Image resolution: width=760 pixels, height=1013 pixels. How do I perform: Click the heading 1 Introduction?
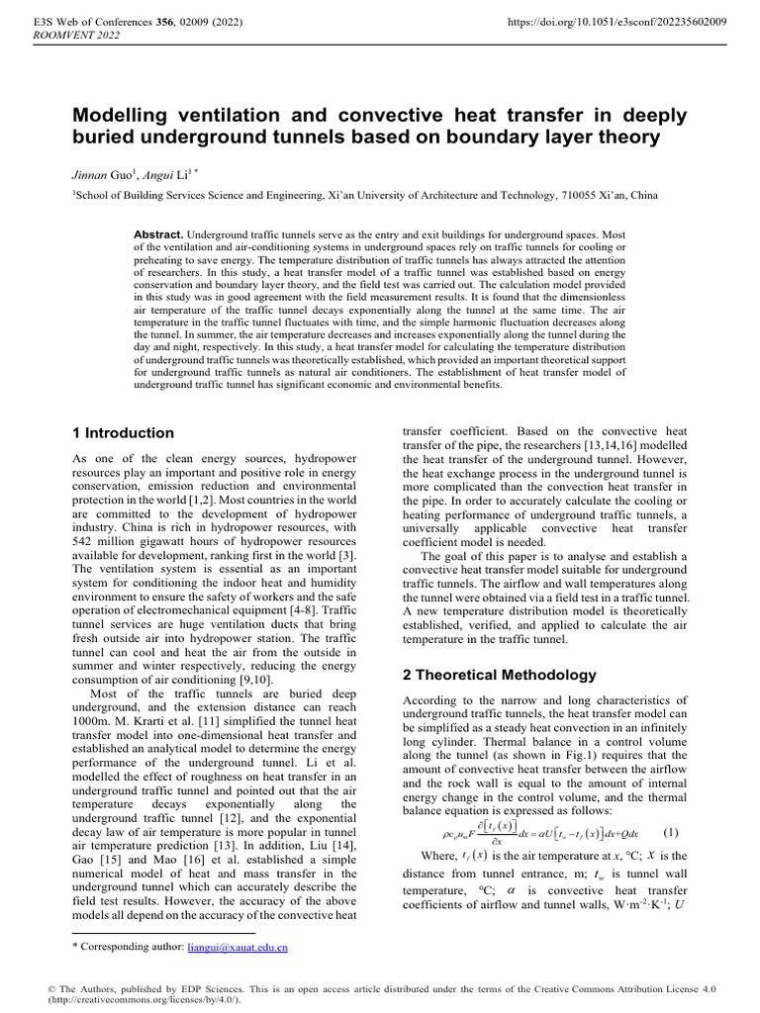click(124, 433)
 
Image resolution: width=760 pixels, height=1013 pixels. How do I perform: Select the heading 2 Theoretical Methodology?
click(500, 676)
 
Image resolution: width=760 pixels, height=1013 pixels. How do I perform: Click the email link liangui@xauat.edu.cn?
click(237, 948)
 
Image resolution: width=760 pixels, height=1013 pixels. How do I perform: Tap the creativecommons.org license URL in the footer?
click(137, 1001)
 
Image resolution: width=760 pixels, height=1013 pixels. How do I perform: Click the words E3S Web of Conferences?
click(87, 20)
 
